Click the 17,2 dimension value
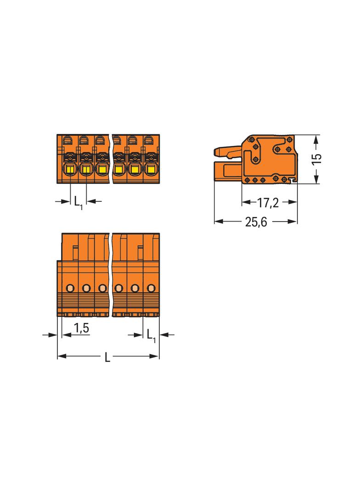pyautogui.click(x=268, y=203)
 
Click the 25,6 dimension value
pyautogui.click(x=256, y=222)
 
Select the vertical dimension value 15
pyautogui.click(x=316, y=159)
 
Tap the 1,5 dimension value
pyautogui.click(x=81, y=328)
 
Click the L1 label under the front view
pyautogui.click(x=79, y=203)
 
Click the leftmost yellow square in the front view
pyautogui.click(x=70, y=169)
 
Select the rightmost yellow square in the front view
pyautogui.click(x=151, y=169)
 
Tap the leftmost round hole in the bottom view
pyautogui.click(x=71, y=288)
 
